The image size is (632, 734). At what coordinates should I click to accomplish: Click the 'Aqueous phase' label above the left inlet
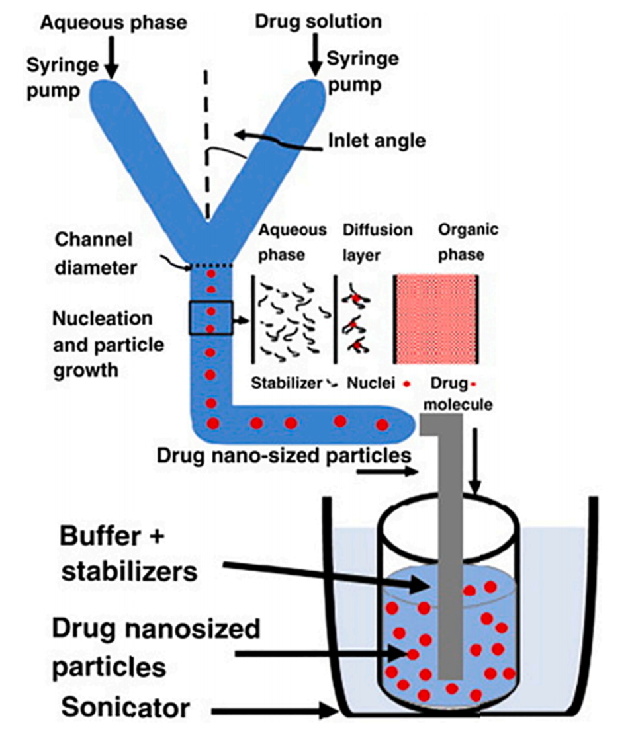pos(113,22)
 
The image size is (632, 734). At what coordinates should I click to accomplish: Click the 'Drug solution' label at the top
pos(318,21)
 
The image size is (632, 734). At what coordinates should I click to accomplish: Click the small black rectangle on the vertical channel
pos(210,318)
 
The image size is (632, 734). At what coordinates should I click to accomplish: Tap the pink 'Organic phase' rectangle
pos(435,319)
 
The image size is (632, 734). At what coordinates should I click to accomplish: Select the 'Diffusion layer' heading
pos(377,241)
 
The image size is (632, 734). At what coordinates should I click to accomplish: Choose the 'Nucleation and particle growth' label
pos(103,344)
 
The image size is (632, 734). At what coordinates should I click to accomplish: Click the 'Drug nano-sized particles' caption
pos(285,455)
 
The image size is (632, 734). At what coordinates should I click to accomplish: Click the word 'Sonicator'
pos(126,708)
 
